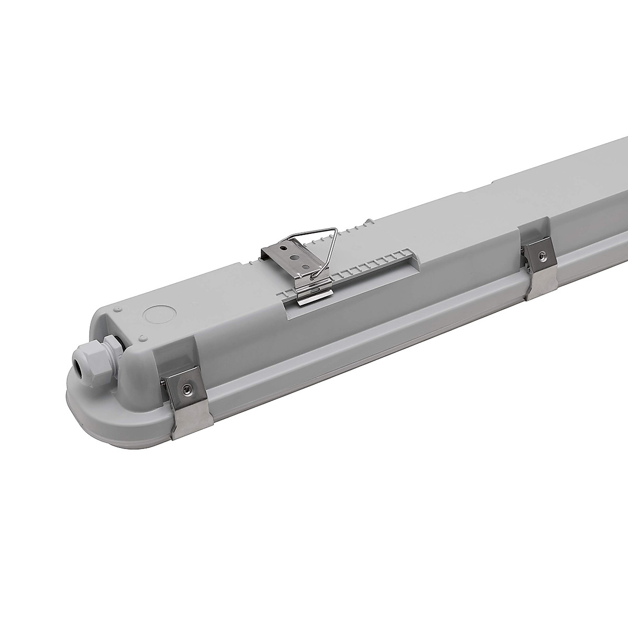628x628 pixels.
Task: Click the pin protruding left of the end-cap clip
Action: (x=163, y=384)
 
